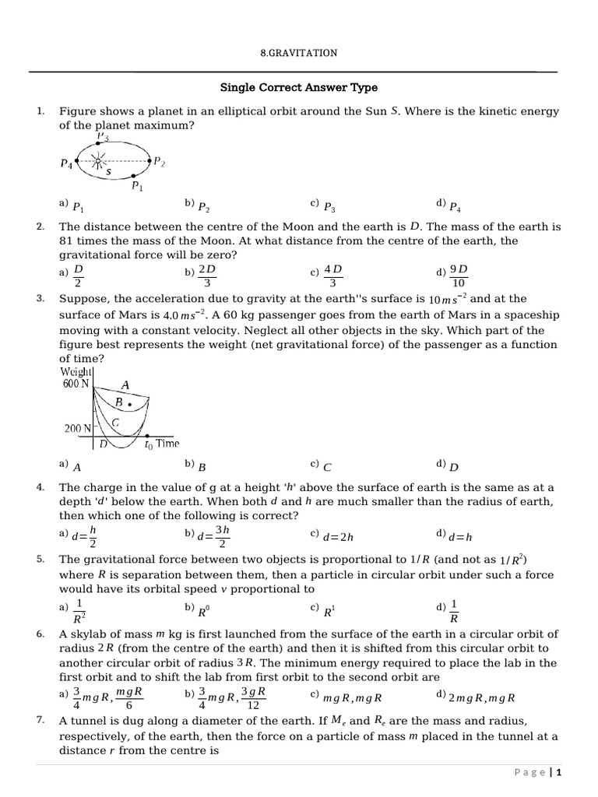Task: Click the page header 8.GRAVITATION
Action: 298,53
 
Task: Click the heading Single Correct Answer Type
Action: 299,88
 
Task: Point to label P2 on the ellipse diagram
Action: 159,161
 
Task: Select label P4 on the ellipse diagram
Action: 68,163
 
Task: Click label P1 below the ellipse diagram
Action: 137,186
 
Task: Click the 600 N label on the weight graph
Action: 76,384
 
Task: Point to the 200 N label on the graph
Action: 77,428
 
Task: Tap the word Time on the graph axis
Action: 167,444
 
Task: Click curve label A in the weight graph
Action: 125,384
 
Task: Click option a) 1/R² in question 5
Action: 79,612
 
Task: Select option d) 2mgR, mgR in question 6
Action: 486,698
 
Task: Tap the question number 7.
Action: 40,720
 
